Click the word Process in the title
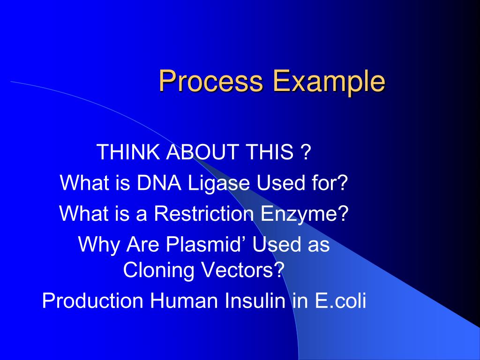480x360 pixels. pos(211,81)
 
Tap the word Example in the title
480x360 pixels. pos(329,82)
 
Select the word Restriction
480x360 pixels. pos(203,213)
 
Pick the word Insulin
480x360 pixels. pos(255,300)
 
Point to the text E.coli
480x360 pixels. pos(340,300)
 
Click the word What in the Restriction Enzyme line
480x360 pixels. pos(84,213)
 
